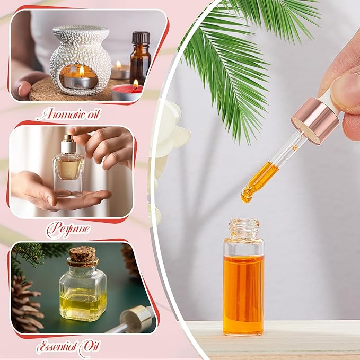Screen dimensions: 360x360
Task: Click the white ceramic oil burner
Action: pyautogui.click(x=81, y=58)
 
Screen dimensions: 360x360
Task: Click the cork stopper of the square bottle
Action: pyautogui.click(x=83, y=256)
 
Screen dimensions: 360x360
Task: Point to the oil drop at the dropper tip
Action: pyautogui.click(x=247, y=198)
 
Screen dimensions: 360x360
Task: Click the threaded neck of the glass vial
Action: pyautogui.click(x=243, y=229)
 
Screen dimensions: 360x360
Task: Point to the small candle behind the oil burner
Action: pyautogui.click(x=120, y=71)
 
